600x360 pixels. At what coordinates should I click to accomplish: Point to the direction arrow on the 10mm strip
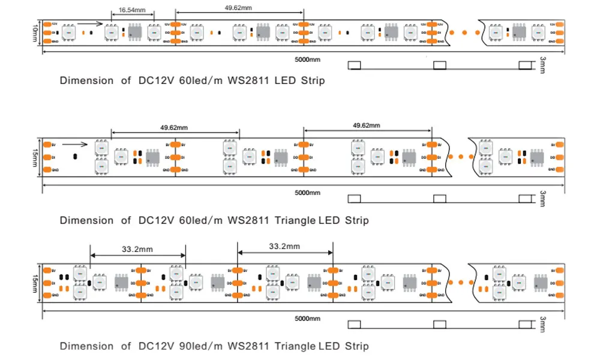point(89,25)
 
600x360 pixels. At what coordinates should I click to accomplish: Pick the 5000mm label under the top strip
point(307,59)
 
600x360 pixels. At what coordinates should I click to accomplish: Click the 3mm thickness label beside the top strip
point(542,65)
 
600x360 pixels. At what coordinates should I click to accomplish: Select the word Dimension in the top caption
point(86,80)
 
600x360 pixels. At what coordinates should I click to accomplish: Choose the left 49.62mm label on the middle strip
point(174,128)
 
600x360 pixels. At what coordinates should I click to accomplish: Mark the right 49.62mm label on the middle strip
point(366,125)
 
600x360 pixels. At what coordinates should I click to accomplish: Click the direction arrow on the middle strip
point(74,144)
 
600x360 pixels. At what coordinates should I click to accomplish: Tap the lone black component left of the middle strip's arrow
point(74,157)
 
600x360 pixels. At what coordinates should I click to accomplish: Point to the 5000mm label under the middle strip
point(307,193)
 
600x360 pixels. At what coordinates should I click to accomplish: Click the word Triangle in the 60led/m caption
point(295,220)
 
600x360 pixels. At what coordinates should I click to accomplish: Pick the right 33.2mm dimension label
point(284,246)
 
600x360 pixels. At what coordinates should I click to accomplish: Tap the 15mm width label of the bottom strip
point(34,281)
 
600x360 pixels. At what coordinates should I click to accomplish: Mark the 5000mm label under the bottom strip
point(307,319)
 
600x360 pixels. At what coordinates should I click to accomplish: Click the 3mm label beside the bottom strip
point(542,325)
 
